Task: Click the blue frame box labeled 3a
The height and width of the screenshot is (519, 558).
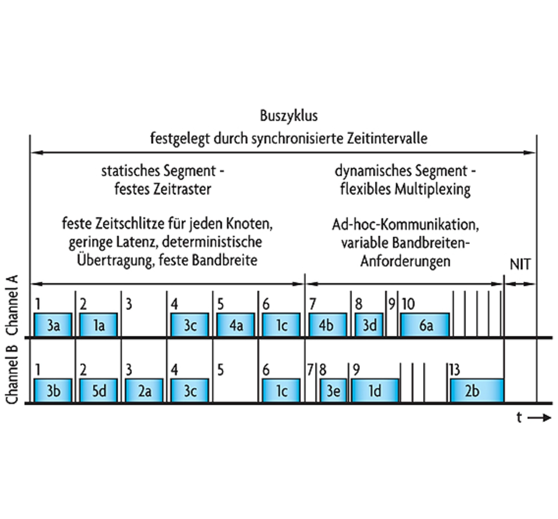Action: (x=53, y=325)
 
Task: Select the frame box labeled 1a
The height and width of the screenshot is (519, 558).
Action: (x=99, y=325)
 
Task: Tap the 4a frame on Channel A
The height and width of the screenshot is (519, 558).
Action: (x=236, y=325)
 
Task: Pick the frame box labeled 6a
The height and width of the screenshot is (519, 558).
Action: (x=425, y=325)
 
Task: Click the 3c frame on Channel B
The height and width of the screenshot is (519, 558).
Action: (x=190, y=391)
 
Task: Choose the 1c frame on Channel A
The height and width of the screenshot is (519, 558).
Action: (x=281, y=325)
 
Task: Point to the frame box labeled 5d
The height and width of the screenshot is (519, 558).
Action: (x=99, y=391)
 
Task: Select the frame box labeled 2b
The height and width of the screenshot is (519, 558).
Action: (x=477, y=391)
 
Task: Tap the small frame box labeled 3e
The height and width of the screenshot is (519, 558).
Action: (x=333, y=391)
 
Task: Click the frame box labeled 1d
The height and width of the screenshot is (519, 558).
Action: (x=375, y=391)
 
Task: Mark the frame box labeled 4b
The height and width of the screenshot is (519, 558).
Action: (x=327, y=325)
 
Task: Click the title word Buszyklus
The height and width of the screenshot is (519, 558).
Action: (x=289, y=116)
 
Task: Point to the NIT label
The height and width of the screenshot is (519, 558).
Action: (x=520, y=264)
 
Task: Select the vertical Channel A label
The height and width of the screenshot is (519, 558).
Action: (x=12, y=305)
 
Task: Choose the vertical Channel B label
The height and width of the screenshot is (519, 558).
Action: (x=12, y=375)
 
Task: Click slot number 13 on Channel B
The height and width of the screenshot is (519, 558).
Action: (x=455, y=370)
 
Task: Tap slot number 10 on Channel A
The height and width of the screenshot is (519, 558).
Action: (x=408, y=304)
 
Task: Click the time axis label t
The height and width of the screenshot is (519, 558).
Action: (x=519, y=417)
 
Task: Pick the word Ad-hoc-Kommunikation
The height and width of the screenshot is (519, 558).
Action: (x=405, y=225)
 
